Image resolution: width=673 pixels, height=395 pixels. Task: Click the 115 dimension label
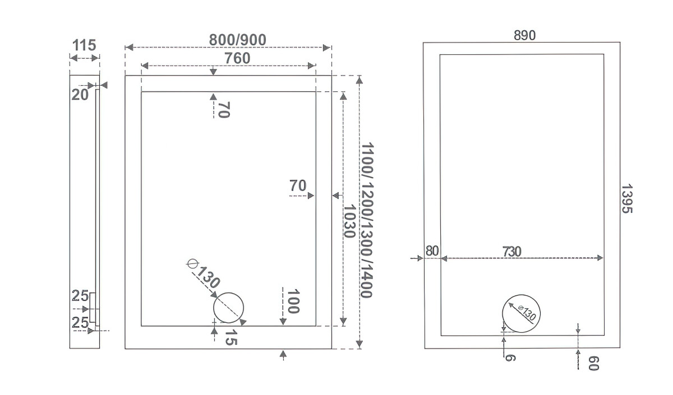click(x=84, y=45)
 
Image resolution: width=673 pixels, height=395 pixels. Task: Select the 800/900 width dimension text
click(x=237, y=40)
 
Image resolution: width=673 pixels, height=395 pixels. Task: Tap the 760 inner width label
click(x=237, y=58)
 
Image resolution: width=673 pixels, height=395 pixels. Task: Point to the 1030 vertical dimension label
click(x=349, y=221)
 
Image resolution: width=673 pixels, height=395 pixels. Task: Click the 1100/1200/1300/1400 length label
click(x=367, y=220)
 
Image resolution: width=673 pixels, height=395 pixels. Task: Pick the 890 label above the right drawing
click(x=524, y=35)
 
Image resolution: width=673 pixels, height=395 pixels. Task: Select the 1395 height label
click(x=627, y=199)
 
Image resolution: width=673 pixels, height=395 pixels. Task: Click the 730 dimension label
click(x=512, y=252)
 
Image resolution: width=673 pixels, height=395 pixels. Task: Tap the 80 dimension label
click(x=432, y=251)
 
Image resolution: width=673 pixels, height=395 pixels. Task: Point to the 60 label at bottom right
click(x=594, y=364)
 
